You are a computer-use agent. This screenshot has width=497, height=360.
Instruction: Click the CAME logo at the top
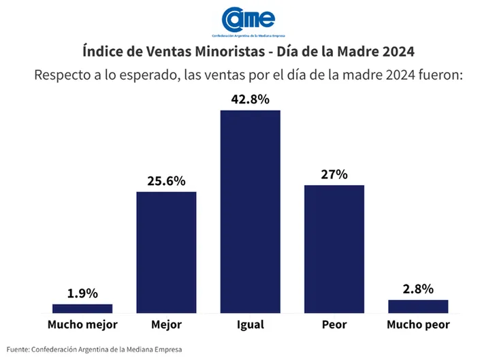pos(249,21)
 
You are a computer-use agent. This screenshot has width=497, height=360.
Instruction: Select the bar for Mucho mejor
pos(82,308)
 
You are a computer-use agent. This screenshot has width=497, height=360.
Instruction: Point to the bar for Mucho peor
pos(418,306)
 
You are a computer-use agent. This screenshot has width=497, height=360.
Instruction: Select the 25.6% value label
pos(166,181)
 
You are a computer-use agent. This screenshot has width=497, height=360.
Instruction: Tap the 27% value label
pos(334,174)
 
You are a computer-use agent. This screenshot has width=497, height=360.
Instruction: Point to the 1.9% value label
pos(82,293)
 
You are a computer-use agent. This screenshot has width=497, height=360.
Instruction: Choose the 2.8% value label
pos(418,289)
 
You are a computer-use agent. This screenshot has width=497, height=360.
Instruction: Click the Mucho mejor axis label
pos(82,325)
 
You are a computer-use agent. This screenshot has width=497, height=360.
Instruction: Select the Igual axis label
pos(250,325)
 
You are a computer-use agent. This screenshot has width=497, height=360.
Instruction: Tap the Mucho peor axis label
pos(418,325)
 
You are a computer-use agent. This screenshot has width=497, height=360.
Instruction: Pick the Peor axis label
pos(334,325)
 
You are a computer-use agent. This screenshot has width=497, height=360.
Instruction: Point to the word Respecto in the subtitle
pos(61,74)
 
